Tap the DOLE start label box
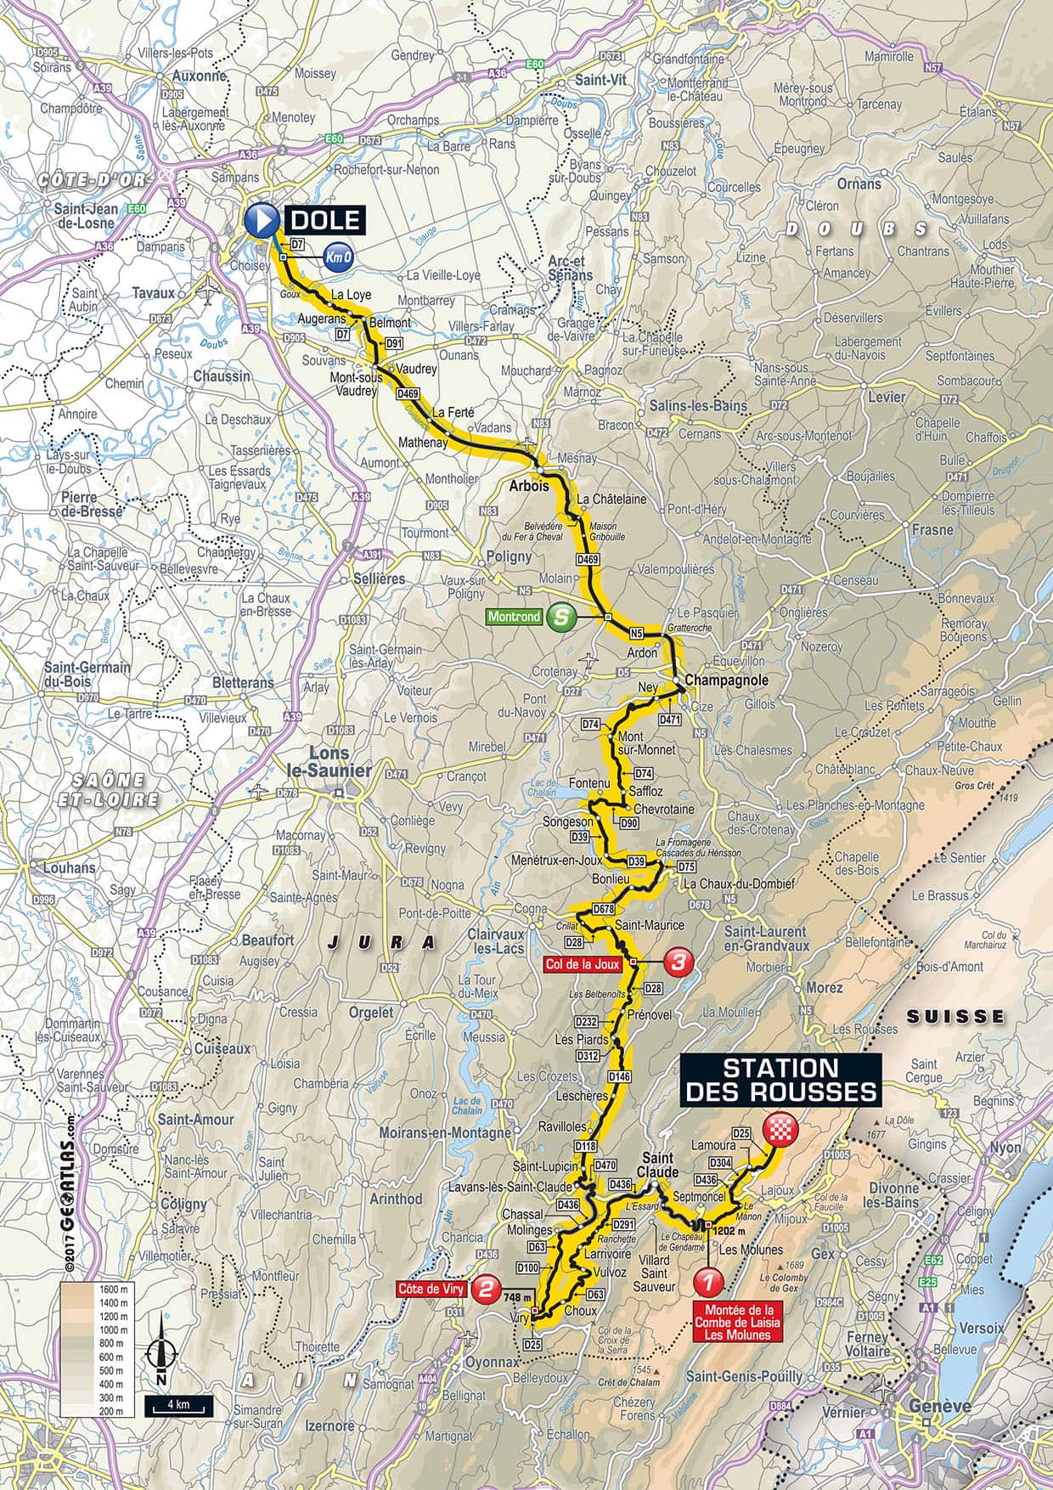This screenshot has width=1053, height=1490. coord(325,221)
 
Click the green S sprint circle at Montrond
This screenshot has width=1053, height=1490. coord(560,617)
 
